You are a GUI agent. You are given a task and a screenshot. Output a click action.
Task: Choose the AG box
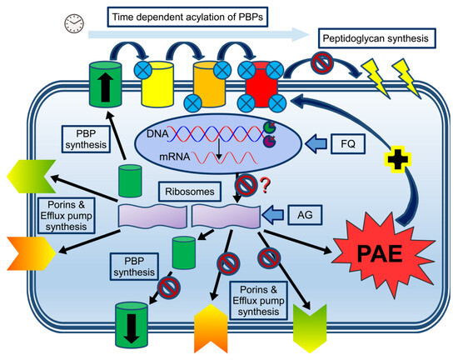(307, 214)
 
